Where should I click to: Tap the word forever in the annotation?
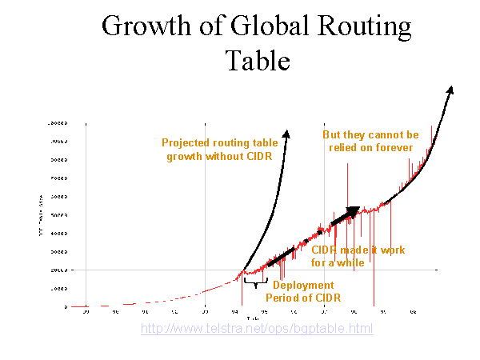point(391,148)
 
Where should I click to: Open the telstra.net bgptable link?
point(257,329)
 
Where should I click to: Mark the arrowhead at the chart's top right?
point(450,90)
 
